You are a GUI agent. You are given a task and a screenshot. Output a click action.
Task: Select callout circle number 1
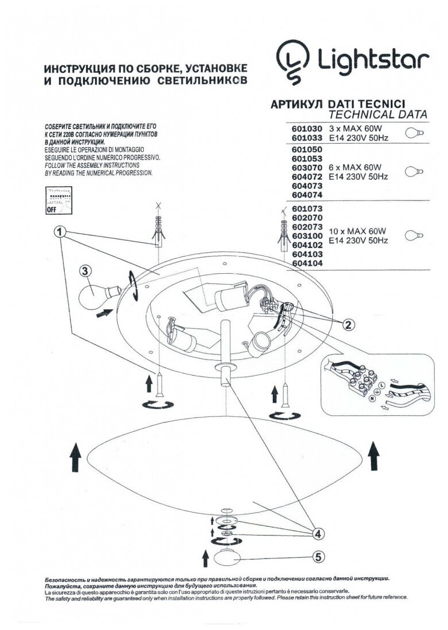[59, 233]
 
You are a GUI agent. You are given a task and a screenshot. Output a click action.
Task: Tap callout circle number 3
[84, 271]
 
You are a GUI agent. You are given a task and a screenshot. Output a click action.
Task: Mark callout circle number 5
[317, 556]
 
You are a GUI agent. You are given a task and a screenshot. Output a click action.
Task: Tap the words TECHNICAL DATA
[378, 114]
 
